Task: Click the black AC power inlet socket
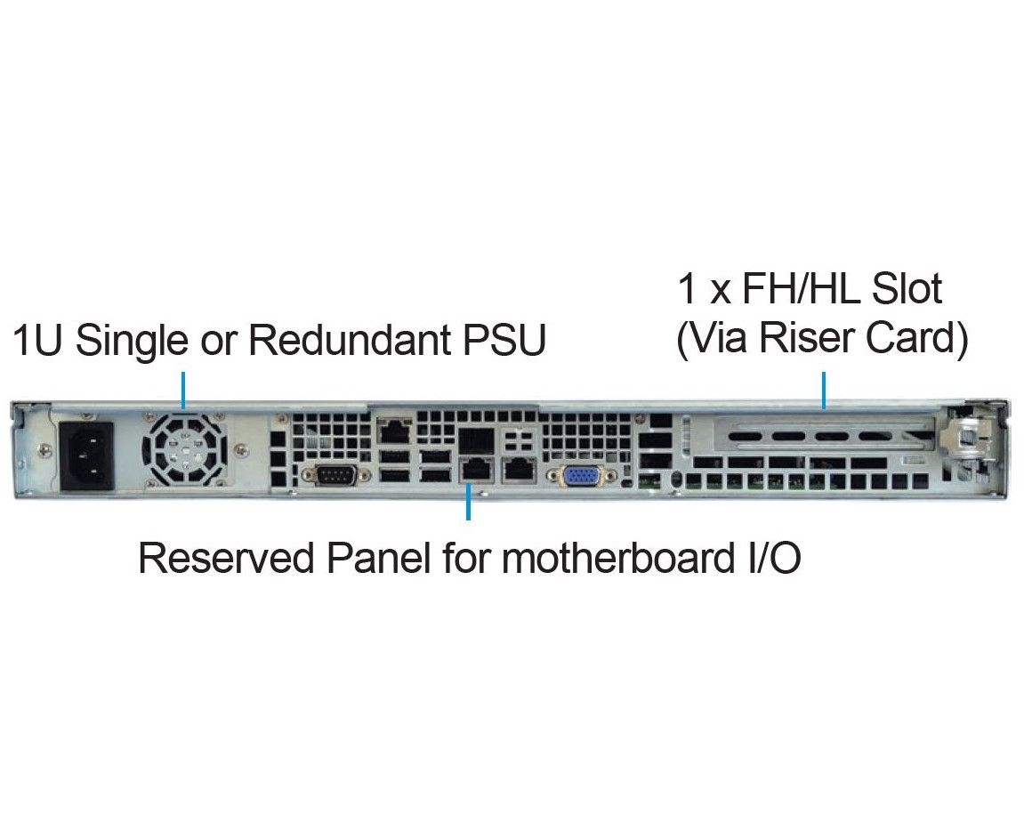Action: [x=86, y=455]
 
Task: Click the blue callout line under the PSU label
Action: [x=183, y=390]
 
